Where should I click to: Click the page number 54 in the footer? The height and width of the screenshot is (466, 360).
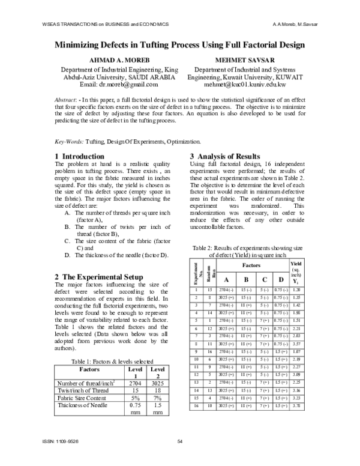179,443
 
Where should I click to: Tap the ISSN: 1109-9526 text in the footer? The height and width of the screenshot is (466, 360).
62,443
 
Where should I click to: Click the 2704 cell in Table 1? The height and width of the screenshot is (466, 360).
135,381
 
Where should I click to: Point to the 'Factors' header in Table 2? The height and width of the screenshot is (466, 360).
251,264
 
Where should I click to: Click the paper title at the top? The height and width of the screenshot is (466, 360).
180,44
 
